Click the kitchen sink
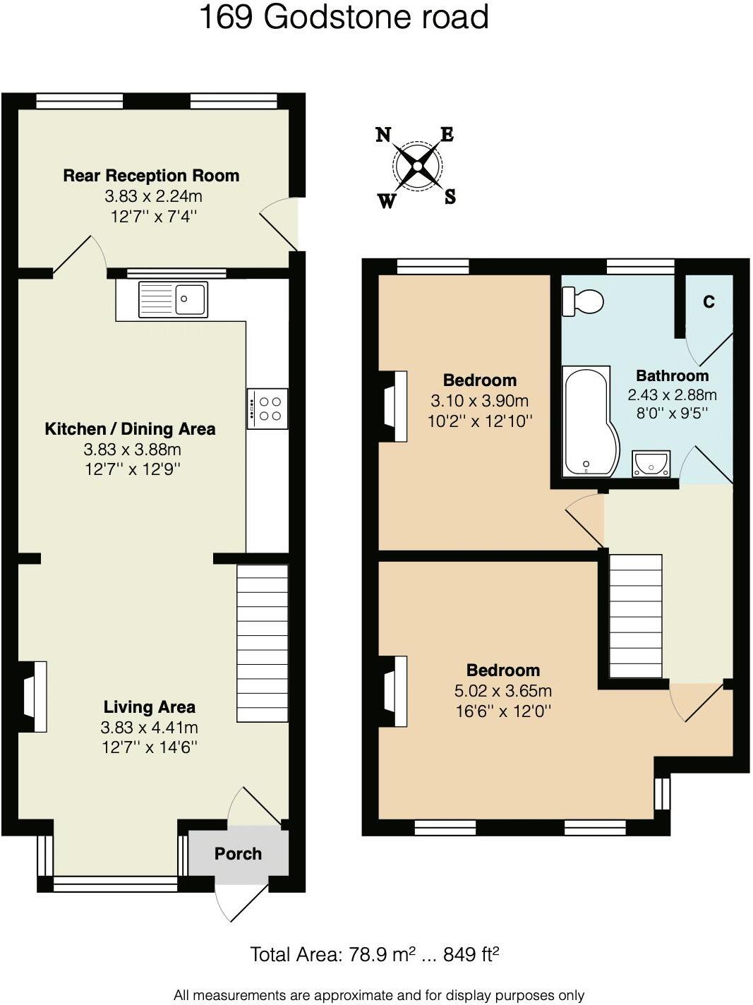click(173, 299)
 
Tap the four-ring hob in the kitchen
click(267, 409)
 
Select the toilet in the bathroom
click(583, 301)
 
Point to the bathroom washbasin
click(651, 464)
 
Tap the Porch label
click(238, 854)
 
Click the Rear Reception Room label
click(151, 176)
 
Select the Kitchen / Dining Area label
click(130, 429)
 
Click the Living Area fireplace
click(33, 697)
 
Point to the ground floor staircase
click(262, 643)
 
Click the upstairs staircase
click(635, 616)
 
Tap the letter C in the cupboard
click(709, 302)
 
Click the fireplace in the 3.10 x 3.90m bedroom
click(394, 407)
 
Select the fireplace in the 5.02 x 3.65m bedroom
click(394, 691)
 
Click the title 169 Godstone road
click(344, 17)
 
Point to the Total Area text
click(375, 955)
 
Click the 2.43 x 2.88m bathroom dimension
click(672, 395)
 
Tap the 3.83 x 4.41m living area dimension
click(149, 728)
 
